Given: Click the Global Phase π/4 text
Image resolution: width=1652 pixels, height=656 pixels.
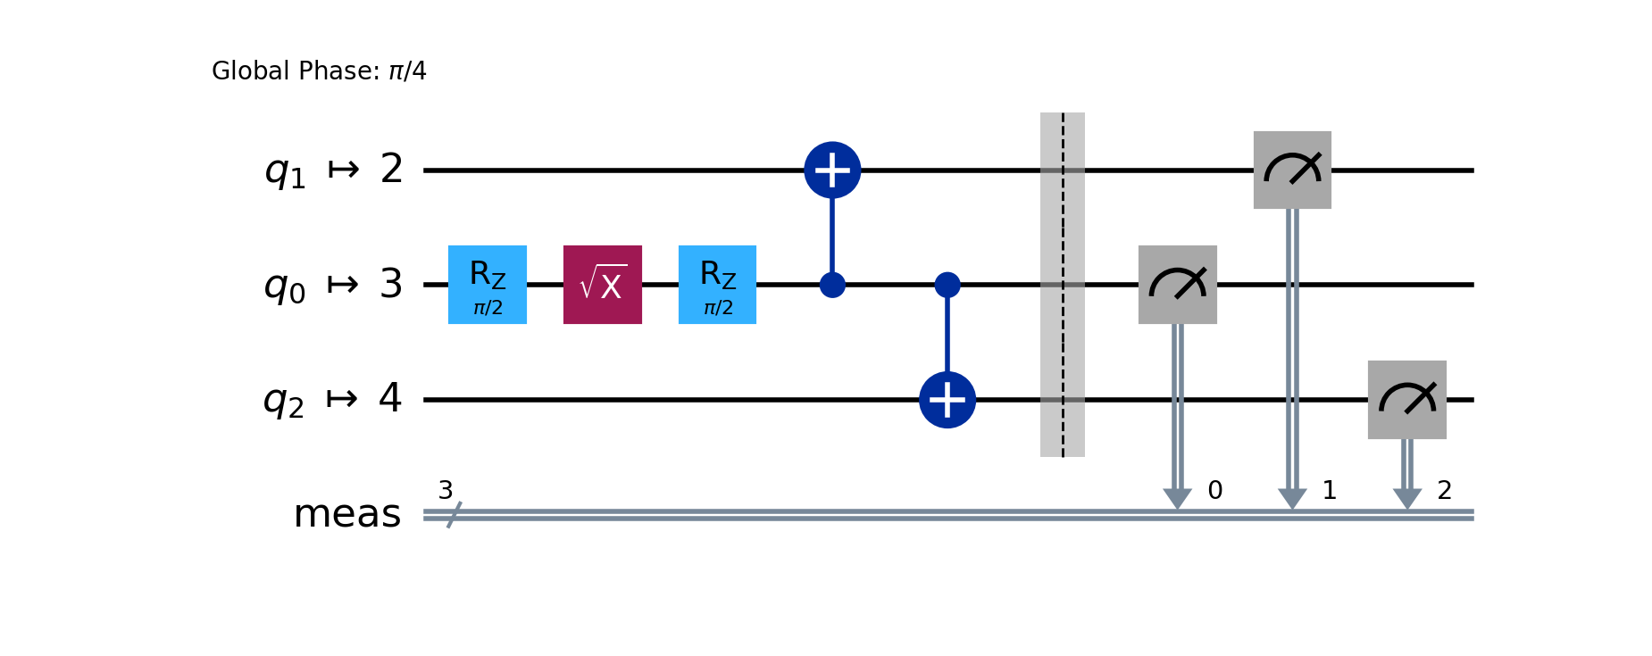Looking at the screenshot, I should (319, 71).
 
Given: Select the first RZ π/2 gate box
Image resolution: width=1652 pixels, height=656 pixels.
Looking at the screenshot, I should (487, 285).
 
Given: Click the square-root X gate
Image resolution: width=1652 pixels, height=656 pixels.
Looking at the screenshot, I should (602, 285).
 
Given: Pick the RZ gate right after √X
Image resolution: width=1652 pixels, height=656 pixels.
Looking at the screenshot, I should (717, 285).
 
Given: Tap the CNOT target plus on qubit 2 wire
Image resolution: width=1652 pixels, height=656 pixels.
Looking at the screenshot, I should (832, 170).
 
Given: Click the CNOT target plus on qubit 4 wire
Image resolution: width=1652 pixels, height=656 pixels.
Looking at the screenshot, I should (947, 400).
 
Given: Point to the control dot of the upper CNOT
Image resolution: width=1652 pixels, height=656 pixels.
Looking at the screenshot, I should (832, 286).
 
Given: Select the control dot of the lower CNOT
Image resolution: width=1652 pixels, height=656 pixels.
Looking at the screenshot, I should (947, 286).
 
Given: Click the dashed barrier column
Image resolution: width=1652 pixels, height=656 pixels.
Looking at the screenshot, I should (1063, 285).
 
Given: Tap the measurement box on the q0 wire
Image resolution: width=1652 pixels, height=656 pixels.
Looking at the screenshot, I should (1177, 285).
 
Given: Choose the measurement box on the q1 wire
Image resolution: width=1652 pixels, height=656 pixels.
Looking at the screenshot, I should (1292, 170).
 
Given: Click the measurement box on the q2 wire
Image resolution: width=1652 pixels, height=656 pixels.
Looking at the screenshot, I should (1406, 400).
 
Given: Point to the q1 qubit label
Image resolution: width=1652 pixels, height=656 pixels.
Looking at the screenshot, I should (285, 170).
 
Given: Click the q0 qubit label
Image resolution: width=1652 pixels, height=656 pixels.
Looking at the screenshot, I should (285, 285).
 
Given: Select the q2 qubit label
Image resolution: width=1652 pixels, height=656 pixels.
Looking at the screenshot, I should (284, 400).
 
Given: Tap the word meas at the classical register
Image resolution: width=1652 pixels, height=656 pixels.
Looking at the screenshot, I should (347, 514).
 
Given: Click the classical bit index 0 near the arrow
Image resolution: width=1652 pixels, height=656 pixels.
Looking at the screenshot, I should (1215, 490).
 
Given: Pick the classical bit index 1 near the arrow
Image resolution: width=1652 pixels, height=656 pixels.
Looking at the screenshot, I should (1330, 490).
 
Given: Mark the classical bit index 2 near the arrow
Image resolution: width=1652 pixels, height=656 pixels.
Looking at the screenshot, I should (1445, 490).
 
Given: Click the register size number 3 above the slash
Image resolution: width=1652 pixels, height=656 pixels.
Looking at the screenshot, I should (446, 490).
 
